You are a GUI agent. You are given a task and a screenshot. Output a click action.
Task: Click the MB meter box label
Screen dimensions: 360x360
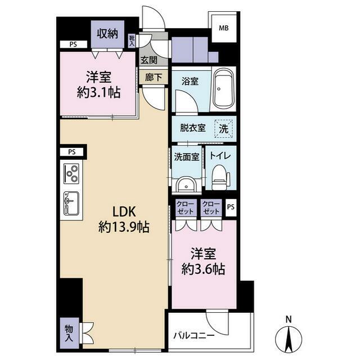click(224, 28)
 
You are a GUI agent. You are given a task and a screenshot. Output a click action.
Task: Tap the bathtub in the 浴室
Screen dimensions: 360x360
click(224, 90)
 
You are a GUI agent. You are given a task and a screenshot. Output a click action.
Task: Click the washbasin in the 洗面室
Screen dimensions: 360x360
click(186, 184)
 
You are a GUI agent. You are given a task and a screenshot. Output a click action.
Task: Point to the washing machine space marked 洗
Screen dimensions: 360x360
click(223, 129)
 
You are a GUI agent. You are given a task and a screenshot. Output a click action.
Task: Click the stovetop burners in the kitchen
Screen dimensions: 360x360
click(71, 173)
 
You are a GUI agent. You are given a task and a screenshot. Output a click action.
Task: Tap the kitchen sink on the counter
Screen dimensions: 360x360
click(71, 203)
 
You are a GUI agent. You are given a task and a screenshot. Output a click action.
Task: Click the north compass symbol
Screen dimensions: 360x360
click(289, 335)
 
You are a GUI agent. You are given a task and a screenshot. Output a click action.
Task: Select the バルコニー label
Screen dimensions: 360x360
click(193, 336)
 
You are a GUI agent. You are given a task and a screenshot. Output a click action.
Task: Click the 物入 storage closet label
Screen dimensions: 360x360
click(69, 333)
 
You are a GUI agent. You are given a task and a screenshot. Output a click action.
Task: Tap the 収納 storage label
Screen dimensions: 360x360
click(107, 34)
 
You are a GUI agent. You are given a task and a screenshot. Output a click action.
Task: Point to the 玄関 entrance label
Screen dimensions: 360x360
click(148, 60)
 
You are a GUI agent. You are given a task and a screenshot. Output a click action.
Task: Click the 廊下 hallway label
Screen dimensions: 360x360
click(154, 78)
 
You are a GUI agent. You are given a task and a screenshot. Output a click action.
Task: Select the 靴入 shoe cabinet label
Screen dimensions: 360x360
click(132, 41)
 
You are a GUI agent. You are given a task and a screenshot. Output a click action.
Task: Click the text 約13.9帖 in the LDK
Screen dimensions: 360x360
click(124, 227)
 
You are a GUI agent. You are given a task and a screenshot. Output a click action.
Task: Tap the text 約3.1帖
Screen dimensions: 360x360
click(99, 92)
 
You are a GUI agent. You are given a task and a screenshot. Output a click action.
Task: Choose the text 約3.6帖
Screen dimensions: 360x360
click(203, 269)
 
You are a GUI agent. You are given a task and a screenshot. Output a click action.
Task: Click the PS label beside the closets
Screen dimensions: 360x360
click(231, 207)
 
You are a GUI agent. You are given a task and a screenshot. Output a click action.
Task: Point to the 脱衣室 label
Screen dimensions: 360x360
click(192, 128)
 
